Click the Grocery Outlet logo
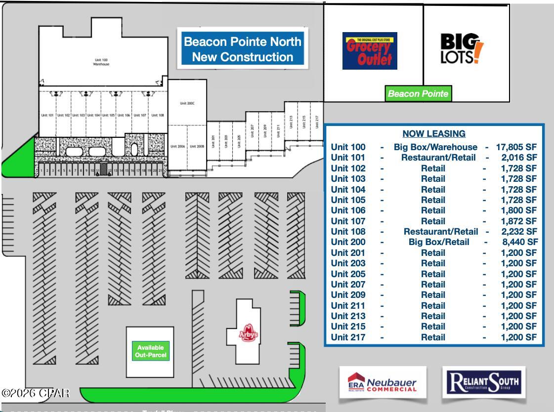370,51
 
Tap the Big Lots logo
462,49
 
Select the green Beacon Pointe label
418,93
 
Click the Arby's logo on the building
249,334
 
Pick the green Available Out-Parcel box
151,351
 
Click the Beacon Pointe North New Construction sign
242,49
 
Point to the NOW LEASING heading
434,133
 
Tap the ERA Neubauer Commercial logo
383,383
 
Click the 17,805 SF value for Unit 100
516,147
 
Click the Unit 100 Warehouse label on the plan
101,62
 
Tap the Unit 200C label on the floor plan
187,103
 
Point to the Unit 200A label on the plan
177,147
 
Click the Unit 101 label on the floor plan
47,115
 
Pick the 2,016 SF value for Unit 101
518,158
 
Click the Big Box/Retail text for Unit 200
439,242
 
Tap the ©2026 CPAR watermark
35,393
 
